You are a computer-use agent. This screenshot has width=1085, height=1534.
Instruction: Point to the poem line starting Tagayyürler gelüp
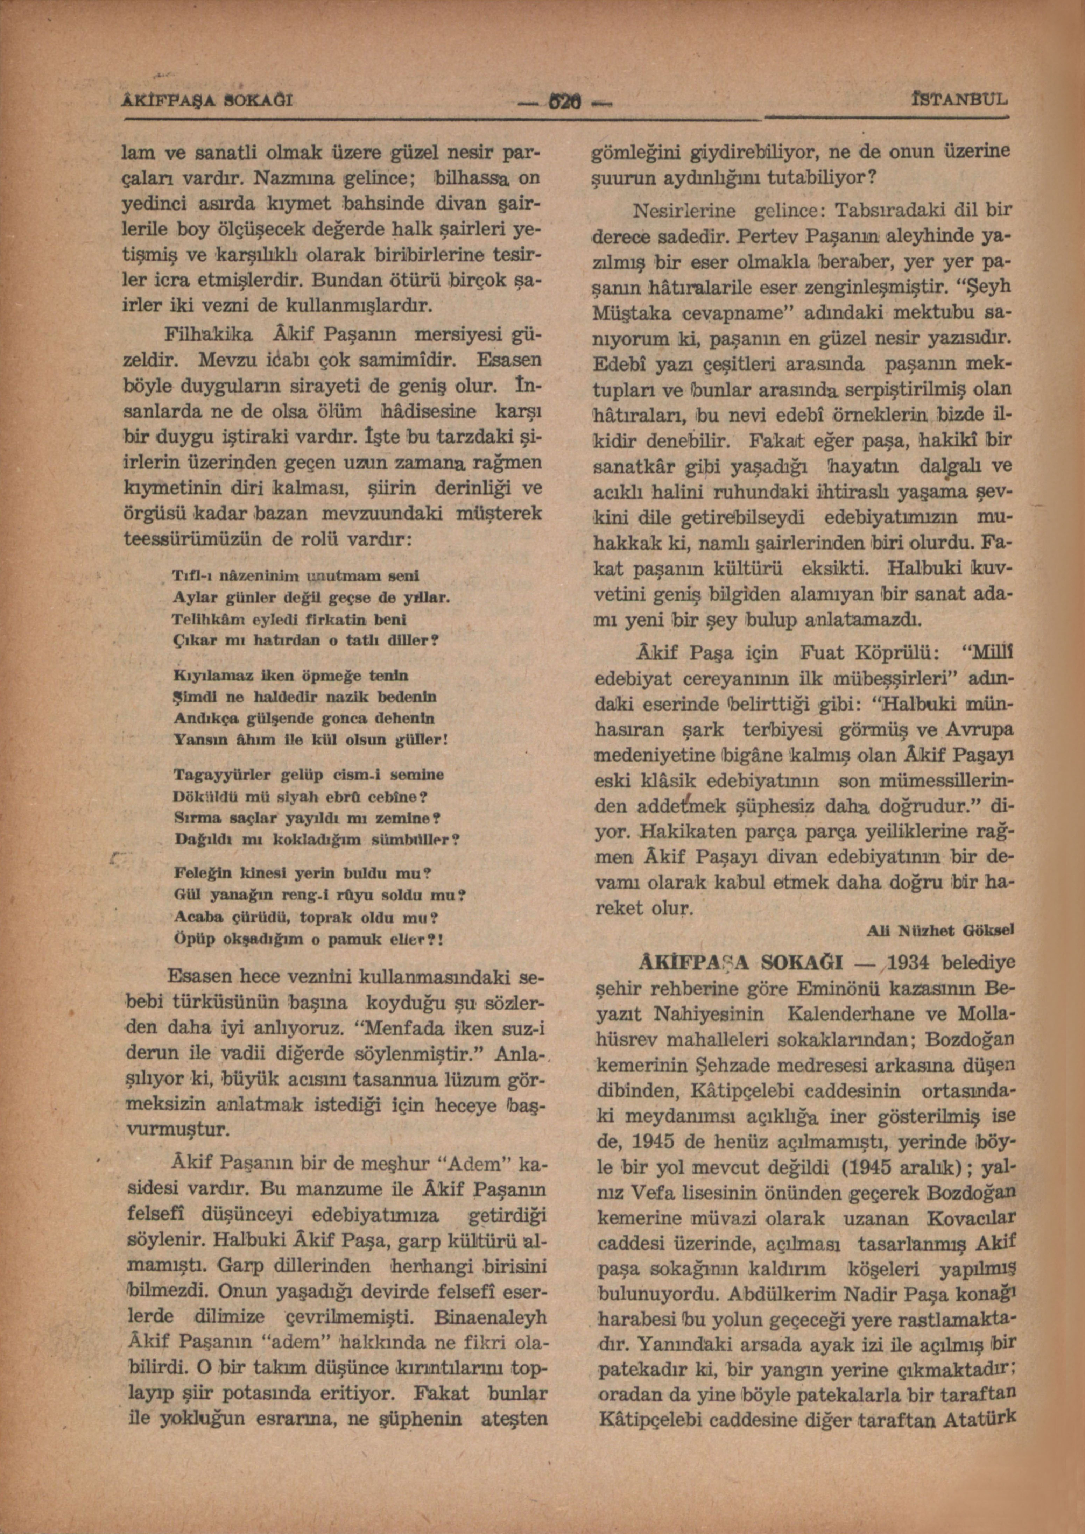click(309, 775)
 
